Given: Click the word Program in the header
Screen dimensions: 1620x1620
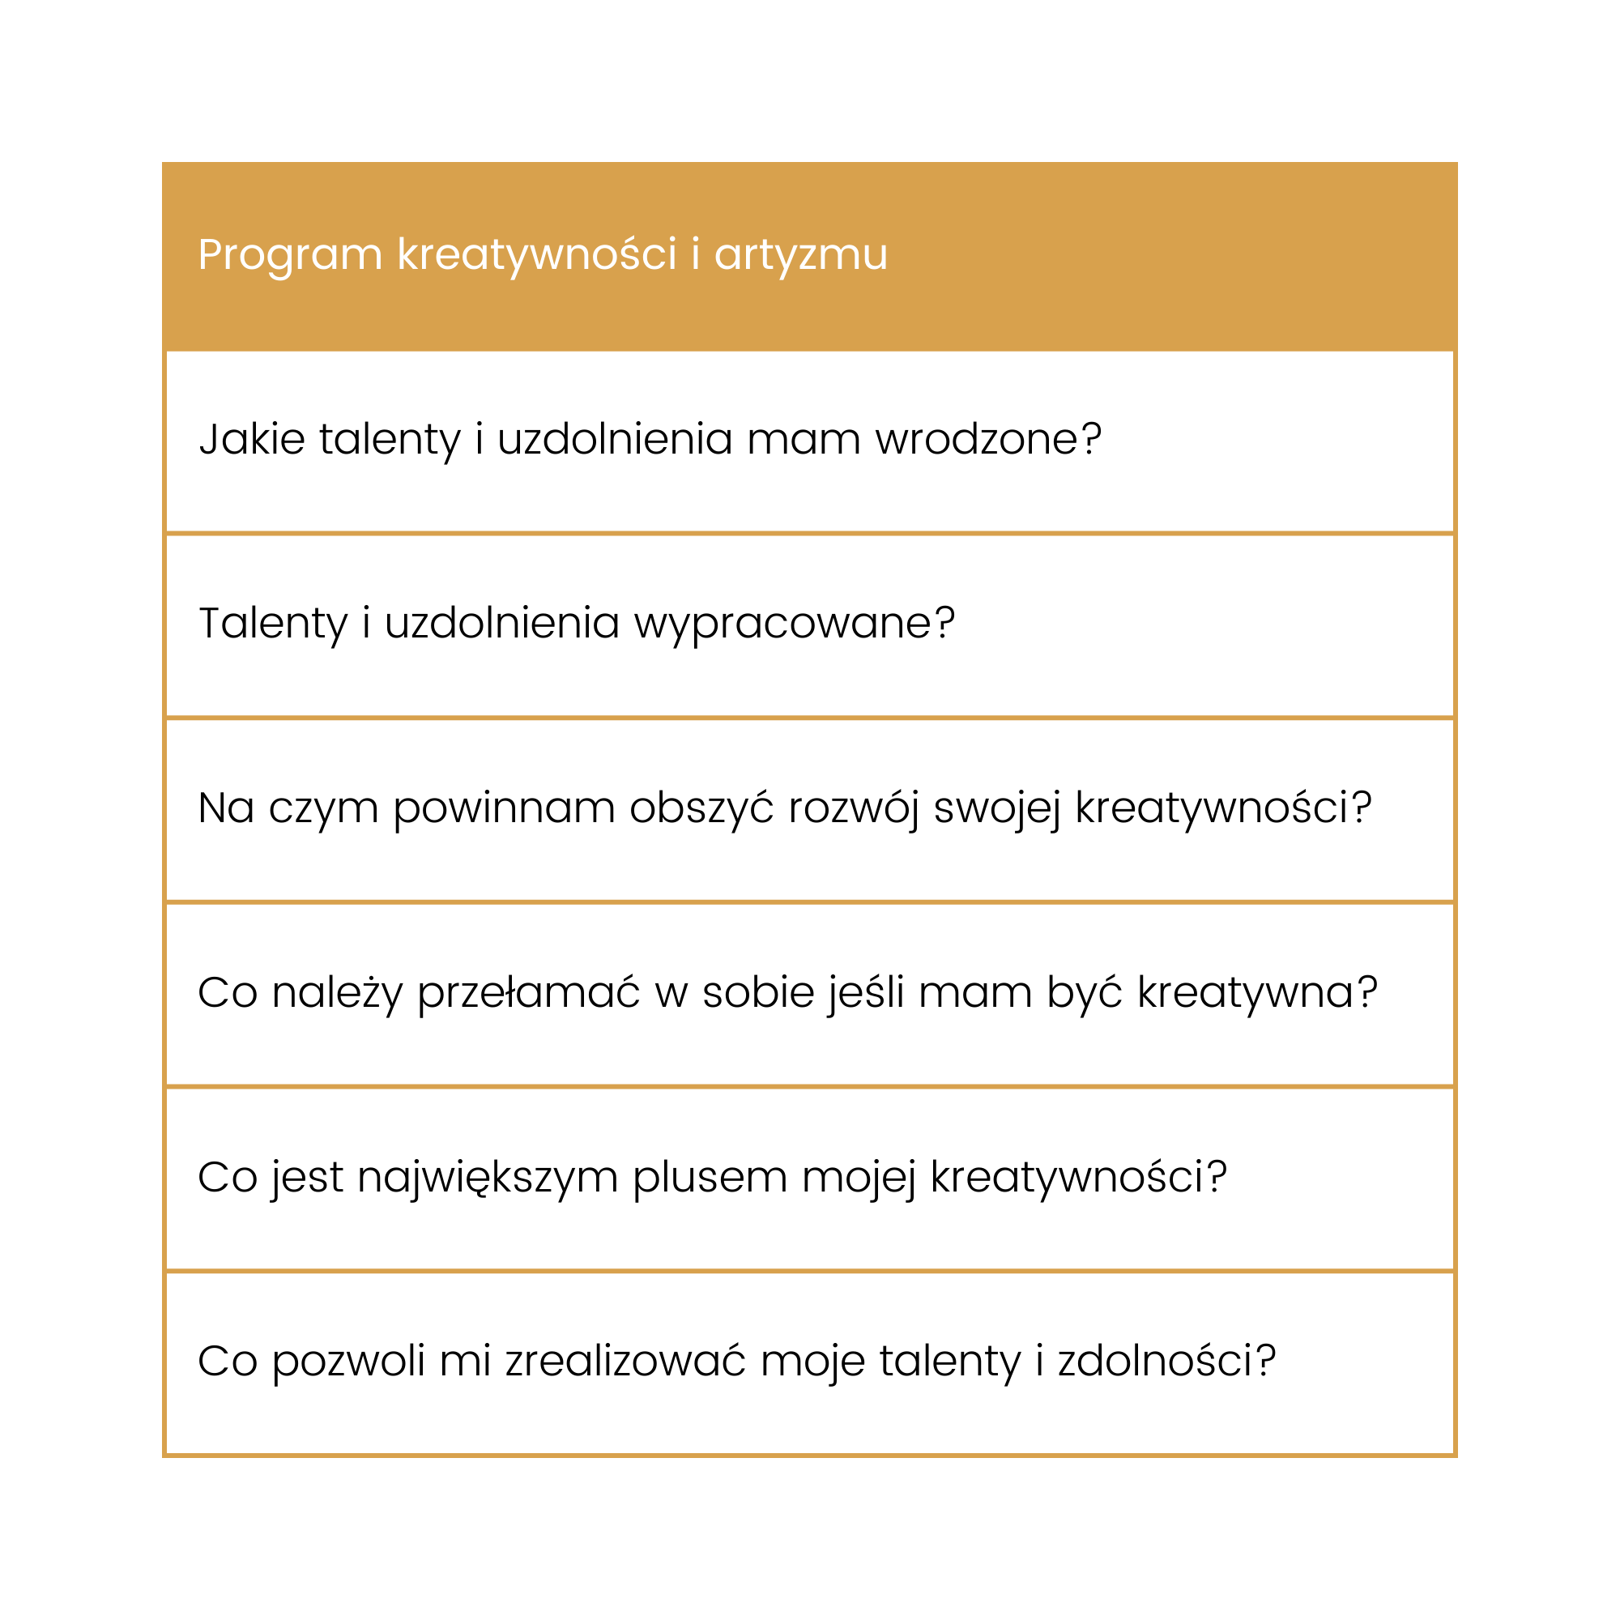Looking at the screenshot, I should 289,255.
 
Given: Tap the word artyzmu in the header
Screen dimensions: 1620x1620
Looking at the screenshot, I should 800,255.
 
